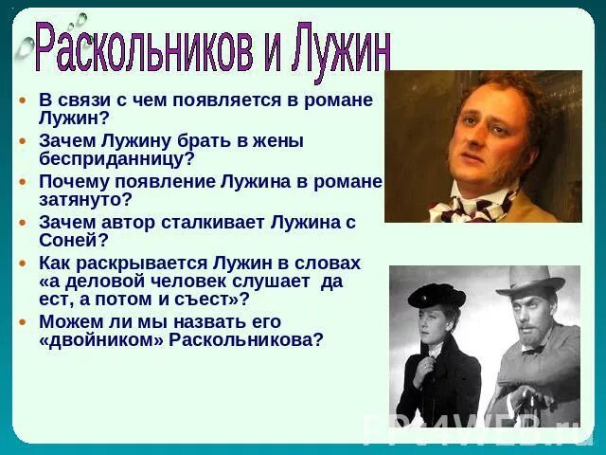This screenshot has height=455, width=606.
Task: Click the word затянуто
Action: tap(85, 200)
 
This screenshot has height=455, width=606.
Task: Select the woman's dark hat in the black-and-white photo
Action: tap(437, 295)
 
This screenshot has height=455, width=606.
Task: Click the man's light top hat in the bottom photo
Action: tap(529, 280)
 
